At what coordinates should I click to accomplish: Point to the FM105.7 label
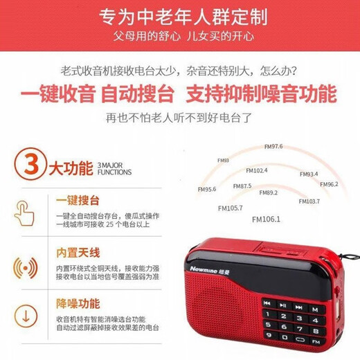pyautogui.click(x=230, y=207)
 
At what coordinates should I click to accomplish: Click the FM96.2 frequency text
pyautogui.click(x=329, y=184)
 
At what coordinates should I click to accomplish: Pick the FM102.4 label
pyautogui.click(x=257, y=170)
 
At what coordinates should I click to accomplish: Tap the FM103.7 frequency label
pyautogui.click(x=309, y=201)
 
